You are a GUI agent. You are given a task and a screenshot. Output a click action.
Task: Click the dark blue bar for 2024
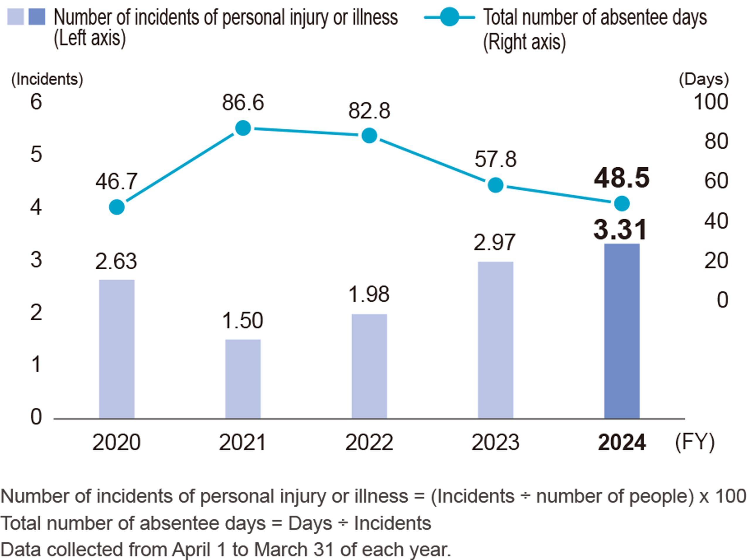[622, 331]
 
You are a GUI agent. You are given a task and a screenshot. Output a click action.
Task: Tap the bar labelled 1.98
[369, 367]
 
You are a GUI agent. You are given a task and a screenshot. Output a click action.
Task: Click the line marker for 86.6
[243, 128]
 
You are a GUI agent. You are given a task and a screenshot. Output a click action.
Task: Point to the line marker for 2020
[117, 207]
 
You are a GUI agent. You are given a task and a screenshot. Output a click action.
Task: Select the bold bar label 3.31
[620, 230]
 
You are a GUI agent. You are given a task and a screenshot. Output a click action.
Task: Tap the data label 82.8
[369, 111]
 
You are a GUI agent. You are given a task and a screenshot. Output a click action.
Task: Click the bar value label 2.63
[116, 261]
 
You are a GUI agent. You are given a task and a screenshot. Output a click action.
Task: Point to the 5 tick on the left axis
[36, 155]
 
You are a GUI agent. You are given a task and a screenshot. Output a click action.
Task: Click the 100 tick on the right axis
[711, 102]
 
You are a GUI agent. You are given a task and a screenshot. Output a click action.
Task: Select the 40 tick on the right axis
[716, 221]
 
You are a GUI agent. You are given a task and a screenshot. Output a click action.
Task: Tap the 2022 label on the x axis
[369, 442]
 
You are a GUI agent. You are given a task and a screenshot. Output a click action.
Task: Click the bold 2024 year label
[622, 442]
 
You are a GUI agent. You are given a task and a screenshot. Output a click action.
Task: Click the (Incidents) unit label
[47, 79]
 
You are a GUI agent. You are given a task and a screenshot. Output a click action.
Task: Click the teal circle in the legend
[450, 17]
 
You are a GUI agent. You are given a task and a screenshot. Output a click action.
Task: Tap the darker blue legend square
[36, 17]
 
